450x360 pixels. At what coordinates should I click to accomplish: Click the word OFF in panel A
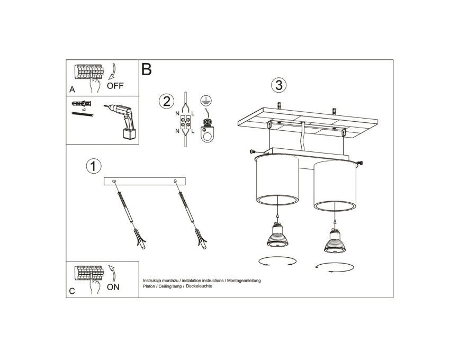coord(115,86)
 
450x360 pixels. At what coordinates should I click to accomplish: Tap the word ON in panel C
coord(113,287)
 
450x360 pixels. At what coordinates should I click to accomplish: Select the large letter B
coord(146,69)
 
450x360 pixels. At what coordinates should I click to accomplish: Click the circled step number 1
coord(94,166)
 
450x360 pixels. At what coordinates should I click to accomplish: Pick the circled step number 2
coord(166,101)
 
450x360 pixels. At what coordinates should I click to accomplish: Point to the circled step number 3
coord(278,85)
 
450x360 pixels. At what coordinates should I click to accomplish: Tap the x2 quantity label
coord(84,110)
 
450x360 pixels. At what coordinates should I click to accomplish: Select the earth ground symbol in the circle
coord(206,100)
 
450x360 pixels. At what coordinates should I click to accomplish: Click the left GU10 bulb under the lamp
coord(277,235)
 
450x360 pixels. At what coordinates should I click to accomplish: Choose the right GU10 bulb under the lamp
coord(335,241)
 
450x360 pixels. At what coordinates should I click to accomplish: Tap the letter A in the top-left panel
coord(72,89)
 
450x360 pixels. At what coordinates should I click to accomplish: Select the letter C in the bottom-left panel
coord(72,291)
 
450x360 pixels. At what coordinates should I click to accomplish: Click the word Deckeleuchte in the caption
coord(199,286)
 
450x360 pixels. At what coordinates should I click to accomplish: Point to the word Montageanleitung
coord(244,281)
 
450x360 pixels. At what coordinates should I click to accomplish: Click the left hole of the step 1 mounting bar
coord(114,181)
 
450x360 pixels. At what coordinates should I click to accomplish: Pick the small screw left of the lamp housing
coord(253,151)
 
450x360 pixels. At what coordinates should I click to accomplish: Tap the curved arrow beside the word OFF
coord(113,71)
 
